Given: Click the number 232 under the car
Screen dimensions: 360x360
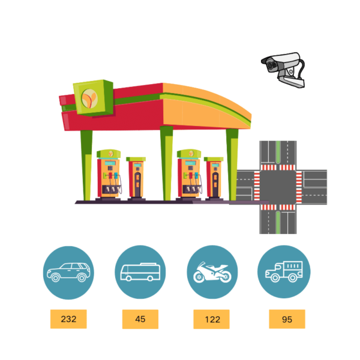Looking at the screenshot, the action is [68, 319].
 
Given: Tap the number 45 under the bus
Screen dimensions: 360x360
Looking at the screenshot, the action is [140, 319].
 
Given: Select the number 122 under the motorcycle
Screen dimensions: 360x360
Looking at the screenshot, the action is [212, 319].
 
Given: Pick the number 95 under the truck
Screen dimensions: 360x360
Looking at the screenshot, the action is [287, 319].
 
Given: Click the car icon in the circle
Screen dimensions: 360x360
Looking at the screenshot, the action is [68, 272].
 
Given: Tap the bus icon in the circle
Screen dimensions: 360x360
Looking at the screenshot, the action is [140, 272].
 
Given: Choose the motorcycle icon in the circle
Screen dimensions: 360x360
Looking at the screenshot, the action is [212, 272].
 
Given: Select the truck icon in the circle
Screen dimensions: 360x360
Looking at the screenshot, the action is [284, 271].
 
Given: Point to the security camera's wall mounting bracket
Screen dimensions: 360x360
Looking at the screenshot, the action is [292, 80].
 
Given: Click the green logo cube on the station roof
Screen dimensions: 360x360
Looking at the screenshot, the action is [93, 98].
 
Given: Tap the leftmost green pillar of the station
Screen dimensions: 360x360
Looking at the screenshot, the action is [86, 166].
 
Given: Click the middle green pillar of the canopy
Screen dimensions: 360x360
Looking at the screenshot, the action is [167, 163].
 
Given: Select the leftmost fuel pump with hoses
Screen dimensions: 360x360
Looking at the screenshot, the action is [109, 175].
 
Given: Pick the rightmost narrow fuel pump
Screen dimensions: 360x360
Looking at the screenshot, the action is [214, 178].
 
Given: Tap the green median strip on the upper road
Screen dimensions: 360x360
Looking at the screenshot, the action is [278, 152].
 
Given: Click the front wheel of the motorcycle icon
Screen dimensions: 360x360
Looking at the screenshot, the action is [199, 277].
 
